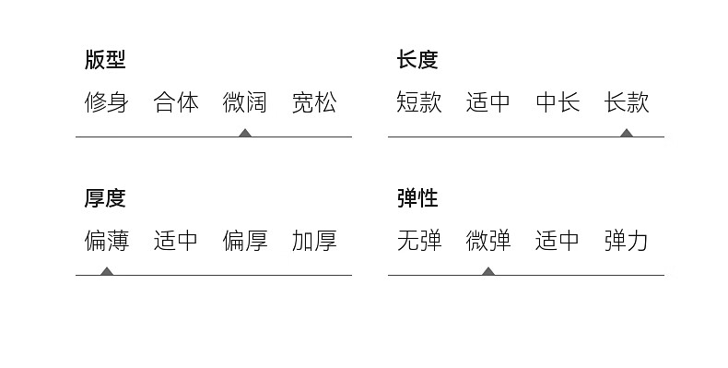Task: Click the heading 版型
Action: [x=105, y=60]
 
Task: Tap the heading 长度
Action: [x=417, y=60]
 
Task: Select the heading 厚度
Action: [x=105, y=198]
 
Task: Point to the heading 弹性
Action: [x=417, y=198]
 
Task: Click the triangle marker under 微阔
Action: [x=245, y=134]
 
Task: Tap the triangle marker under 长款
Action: [x=627, y=134]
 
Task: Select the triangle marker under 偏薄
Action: [x=107, y=271]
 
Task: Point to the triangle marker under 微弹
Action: [x=488, y=271]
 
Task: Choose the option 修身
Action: [x=106, y=102]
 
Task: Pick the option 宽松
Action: [x=314, y=102]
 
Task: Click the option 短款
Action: [x=419, y=102]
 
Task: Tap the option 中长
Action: [x=558, y=102]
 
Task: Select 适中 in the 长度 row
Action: [x=488, y=102]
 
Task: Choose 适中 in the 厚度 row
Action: [x=175, y=241]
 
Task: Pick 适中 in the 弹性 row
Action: [x=558, y=241]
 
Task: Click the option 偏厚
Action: [x=245, y=241]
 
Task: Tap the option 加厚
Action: [x=314, y=241]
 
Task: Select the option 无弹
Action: [x=419, y=241]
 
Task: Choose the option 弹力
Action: [x=627, y=241]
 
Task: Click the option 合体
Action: [x=176, y=102]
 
